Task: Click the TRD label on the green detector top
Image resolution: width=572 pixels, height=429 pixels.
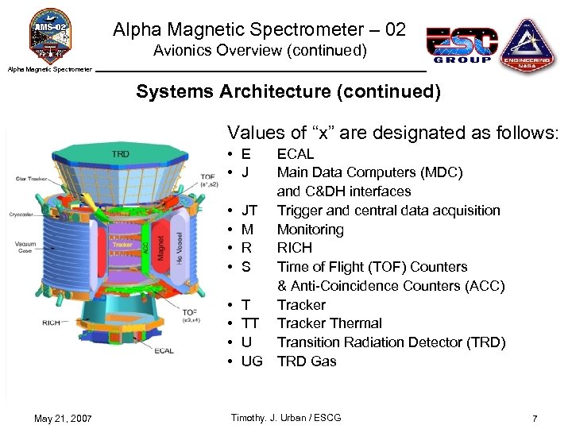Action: (121, 153)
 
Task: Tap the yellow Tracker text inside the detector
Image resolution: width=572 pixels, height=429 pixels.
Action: (122, 245)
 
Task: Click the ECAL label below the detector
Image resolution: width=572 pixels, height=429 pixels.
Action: (164, 350)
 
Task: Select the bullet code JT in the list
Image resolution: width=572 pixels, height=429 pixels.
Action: (249, 211)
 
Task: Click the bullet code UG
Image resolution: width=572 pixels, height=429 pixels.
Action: (251, 361)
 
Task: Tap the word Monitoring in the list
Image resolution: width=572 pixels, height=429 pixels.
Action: (310, 230)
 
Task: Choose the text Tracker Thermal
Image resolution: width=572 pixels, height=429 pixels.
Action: (329, 323)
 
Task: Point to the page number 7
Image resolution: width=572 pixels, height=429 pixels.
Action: (535, 418)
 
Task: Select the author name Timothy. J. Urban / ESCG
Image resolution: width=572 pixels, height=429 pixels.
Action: (285, 418)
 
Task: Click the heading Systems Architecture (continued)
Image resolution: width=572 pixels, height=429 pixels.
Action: (288, 91)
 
